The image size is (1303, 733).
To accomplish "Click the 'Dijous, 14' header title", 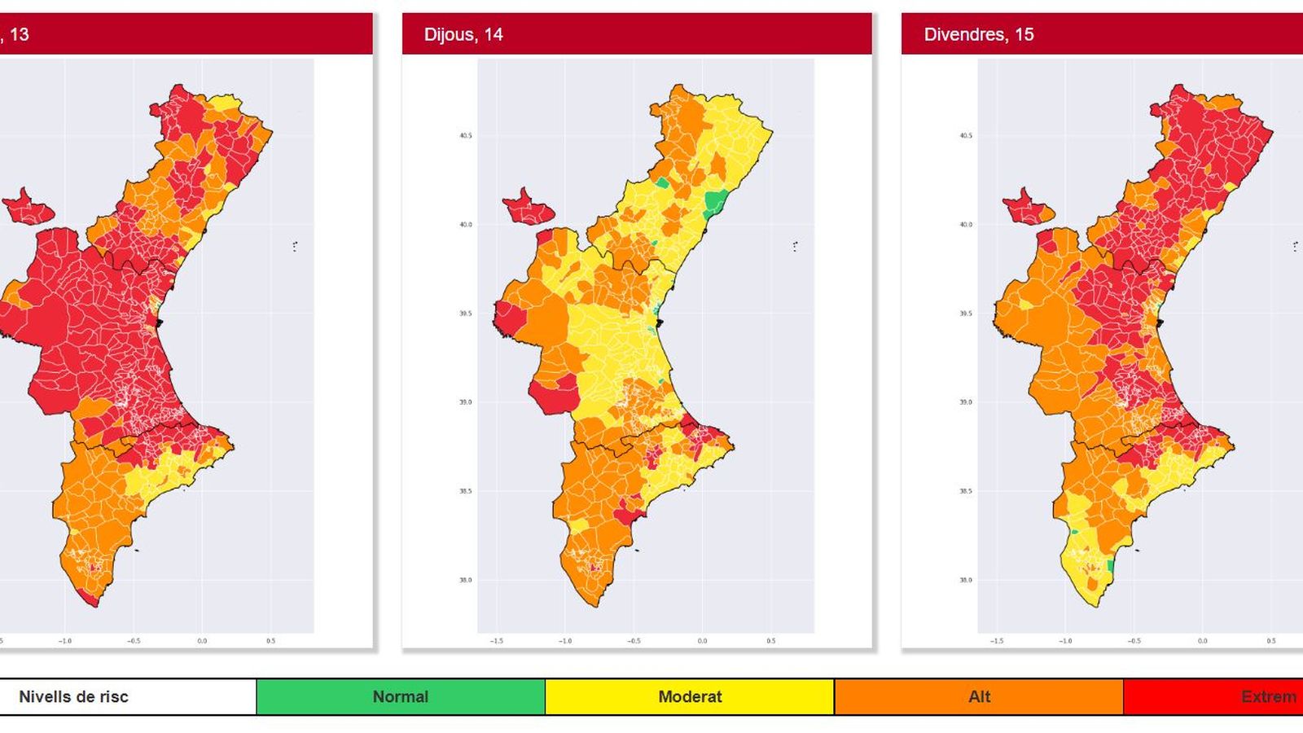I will coord(463,34).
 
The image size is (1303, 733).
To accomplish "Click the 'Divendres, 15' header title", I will coord(978,34).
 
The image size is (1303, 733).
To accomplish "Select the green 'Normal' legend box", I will coord(400,696).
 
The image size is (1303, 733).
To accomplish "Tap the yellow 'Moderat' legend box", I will coord(689,696).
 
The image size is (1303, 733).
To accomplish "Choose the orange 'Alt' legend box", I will coord(979,696).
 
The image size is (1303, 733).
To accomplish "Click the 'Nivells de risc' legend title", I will coord(73,696).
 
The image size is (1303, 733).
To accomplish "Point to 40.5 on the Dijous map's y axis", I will coord(465,136).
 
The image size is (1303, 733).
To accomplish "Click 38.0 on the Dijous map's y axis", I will coord(465,580).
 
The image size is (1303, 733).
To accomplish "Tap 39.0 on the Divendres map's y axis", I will coord(965,402).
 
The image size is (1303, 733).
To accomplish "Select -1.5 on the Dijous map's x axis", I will coord(497,641).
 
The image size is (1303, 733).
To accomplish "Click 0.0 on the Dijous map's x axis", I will coord(702,641).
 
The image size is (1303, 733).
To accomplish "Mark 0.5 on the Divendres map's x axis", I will coord(1270,641).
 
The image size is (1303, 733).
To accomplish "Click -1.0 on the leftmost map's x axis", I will coord(65,641).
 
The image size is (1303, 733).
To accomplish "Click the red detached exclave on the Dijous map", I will coord(528,208).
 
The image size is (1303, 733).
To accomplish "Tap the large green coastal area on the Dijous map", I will coord(717,200).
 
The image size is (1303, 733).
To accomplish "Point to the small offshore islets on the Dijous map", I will coord(795,245).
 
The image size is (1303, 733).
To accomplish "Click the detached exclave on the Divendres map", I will coord(1028,208).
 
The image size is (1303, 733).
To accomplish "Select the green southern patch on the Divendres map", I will coord(1110,565).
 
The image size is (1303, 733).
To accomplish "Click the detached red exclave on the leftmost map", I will coord(28,208).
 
